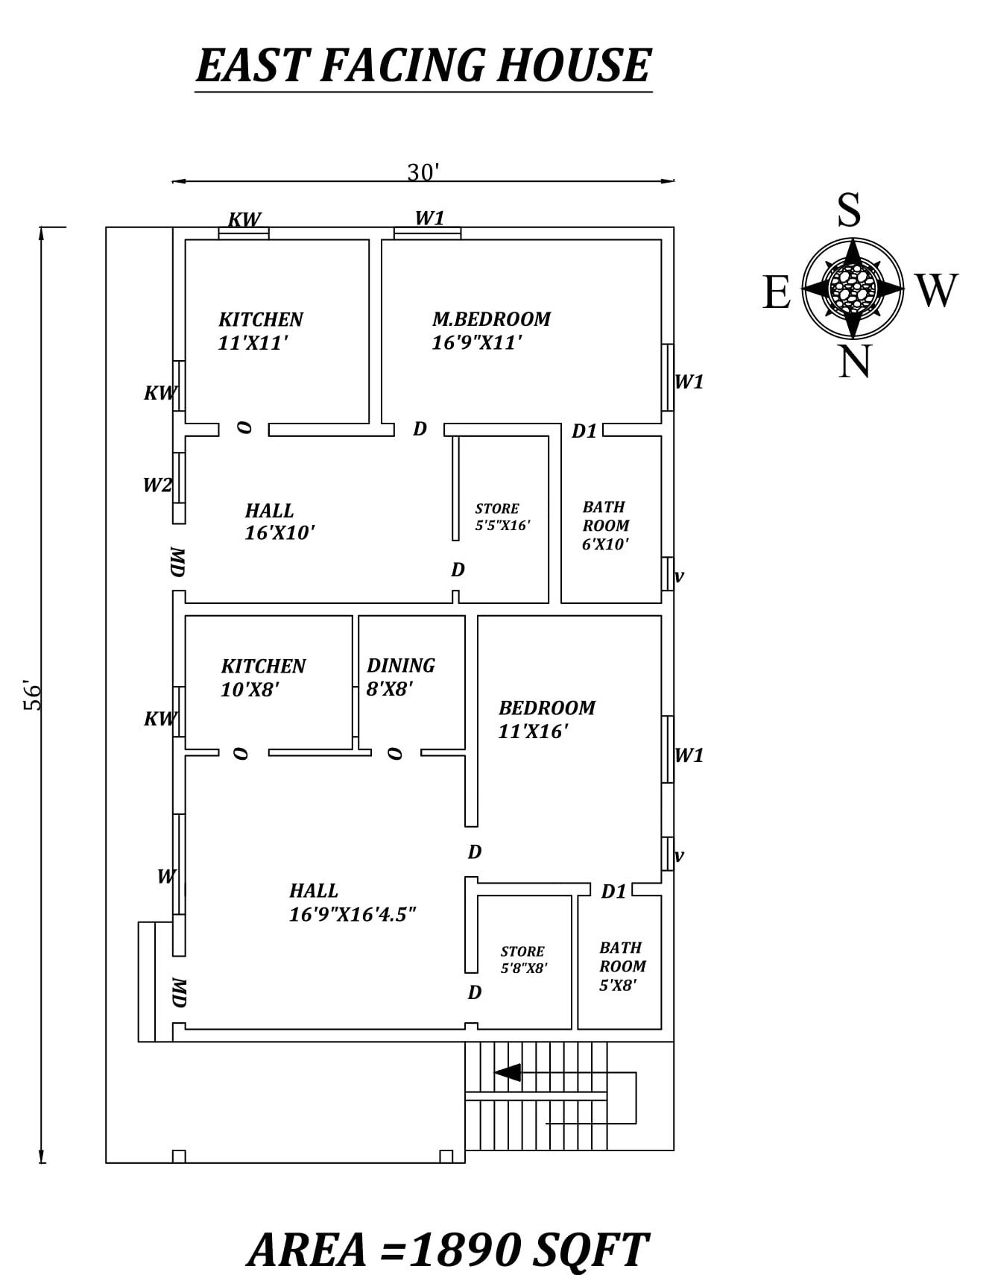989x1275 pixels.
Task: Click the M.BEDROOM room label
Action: pos(491,319)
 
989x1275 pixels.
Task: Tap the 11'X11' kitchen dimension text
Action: pos(253,344)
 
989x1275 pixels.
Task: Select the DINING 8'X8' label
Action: pos(400,676)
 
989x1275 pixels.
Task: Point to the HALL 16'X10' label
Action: pos(279,522)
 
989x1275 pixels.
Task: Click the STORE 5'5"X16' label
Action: pos(502,517)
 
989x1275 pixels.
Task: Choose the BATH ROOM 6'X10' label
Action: pos(605,526)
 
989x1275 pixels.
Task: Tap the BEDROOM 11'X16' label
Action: pos(546,719)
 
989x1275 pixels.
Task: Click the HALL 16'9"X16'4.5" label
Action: pos(352,902)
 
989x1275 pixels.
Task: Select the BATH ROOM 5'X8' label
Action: pos(622,966)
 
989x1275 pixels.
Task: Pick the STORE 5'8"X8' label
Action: pos(523,960)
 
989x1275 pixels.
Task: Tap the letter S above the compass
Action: pos(849,210)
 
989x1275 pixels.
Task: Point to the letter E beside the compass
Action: pos(777,292)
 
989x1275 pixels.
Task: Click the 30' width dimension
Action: pos(423,172)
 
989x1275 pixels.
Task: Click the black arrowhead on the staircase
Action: pos(508,1072)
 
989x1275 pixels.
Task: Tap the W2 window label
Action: pos(157,485)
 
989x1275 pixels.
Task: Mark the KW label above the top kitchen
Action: pos(244,219)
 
